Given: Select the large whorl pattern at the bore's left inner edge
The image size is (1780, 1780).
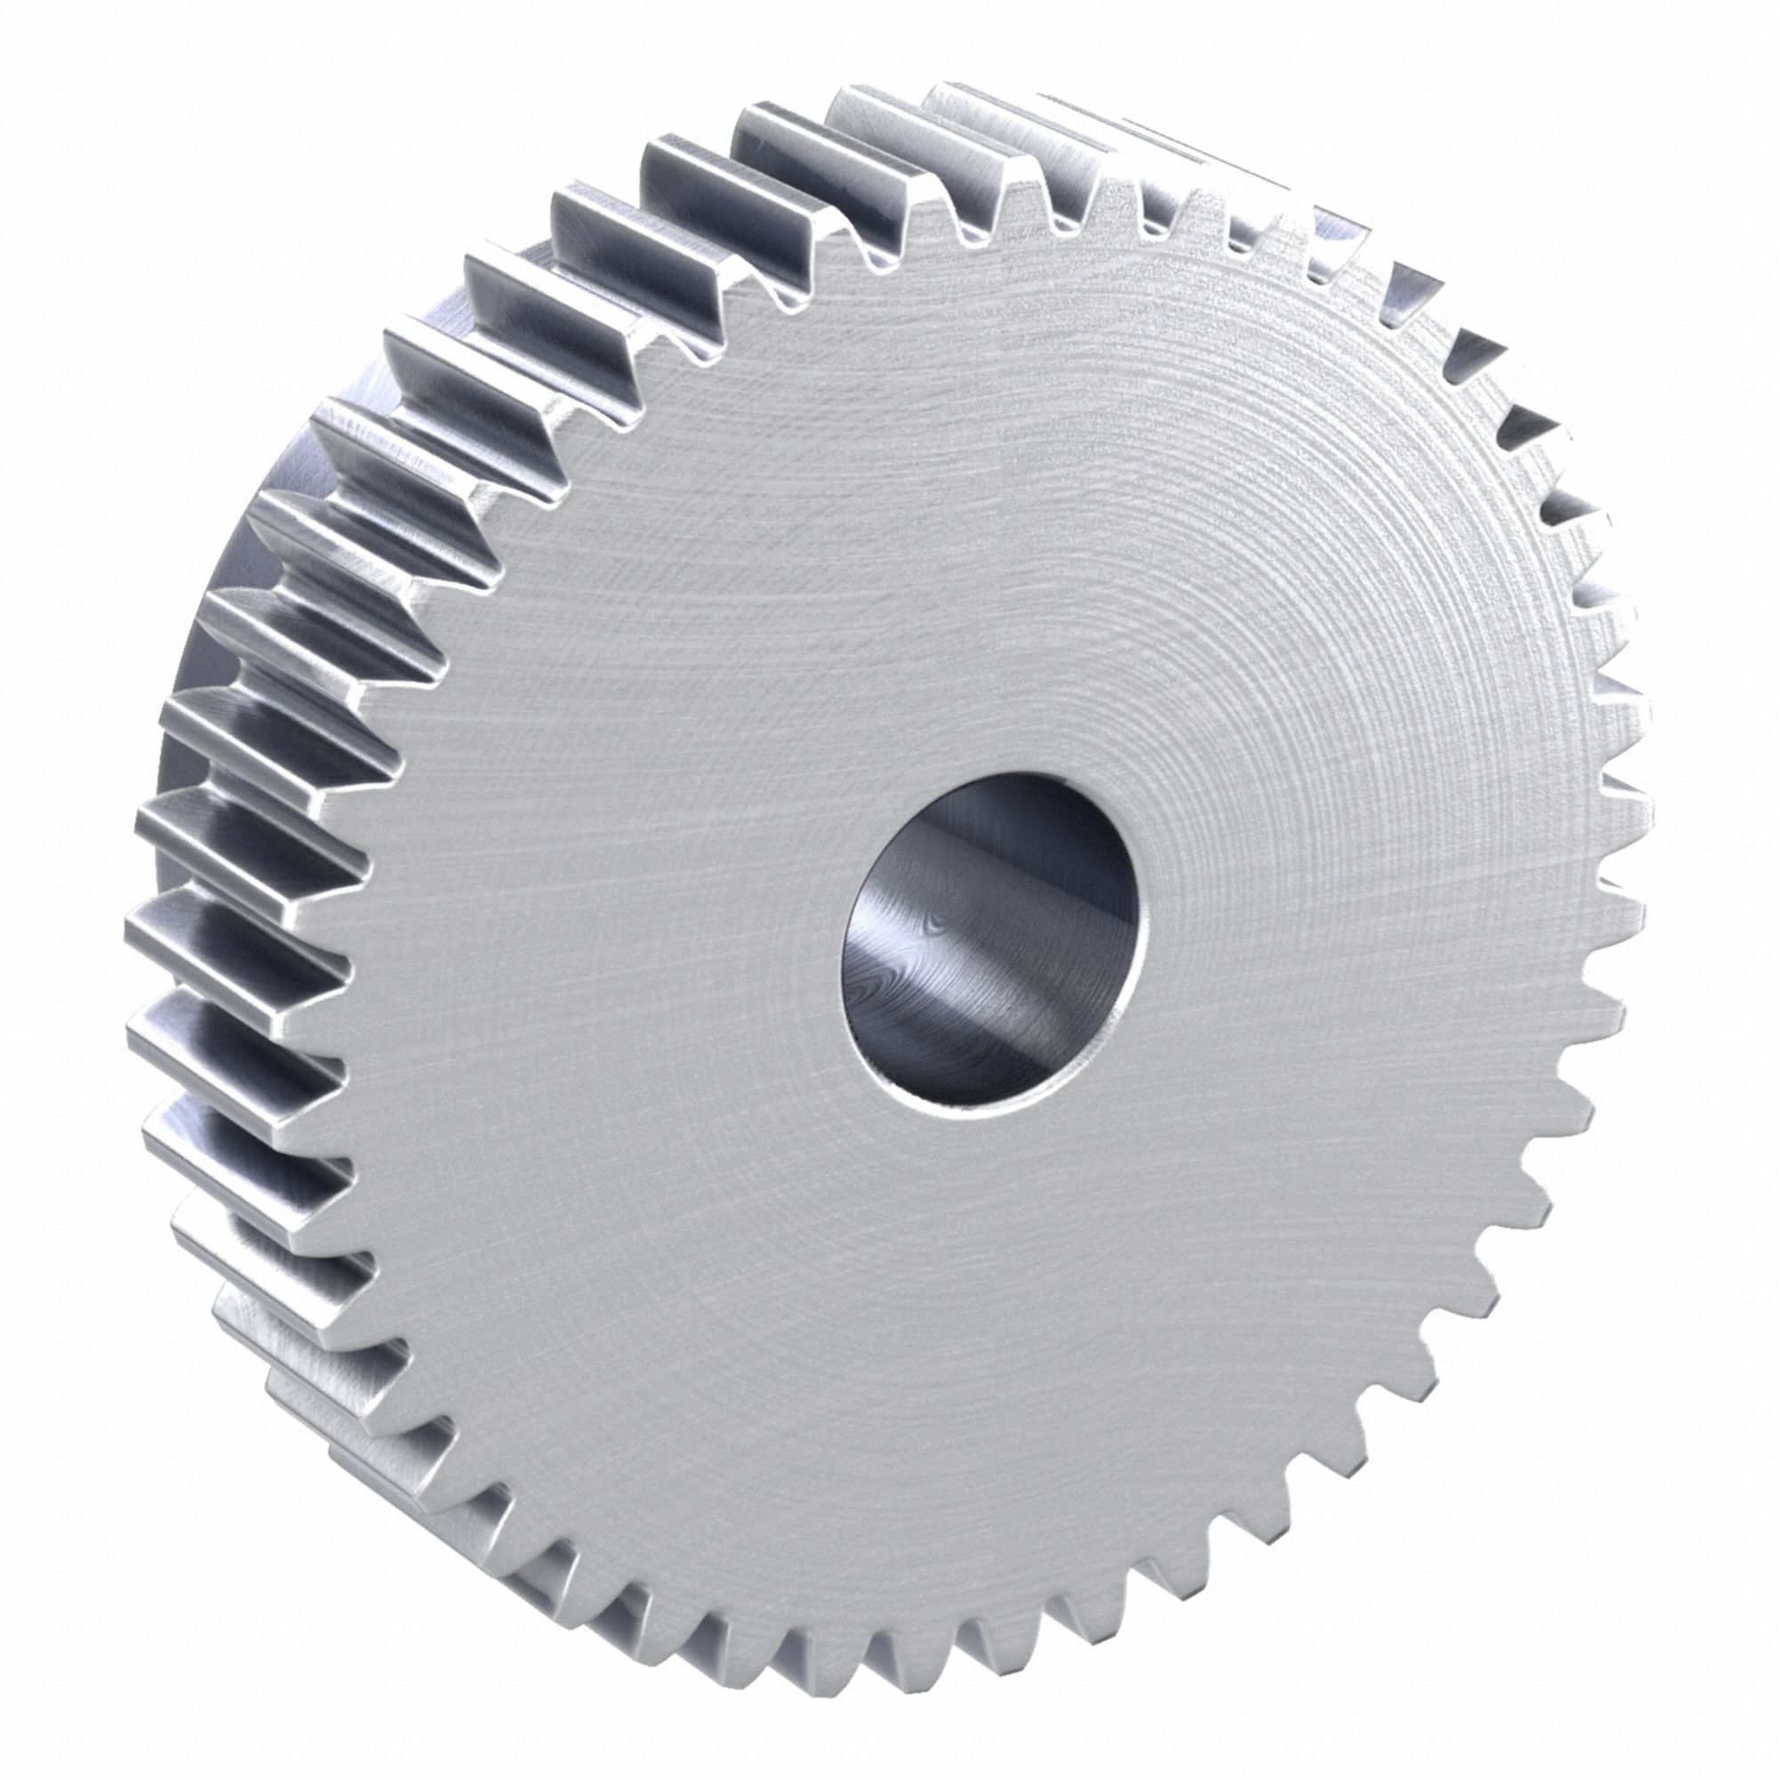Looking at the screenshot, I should pos(870,991).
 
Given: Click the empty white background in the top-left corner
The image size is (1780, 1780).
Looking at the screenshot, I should pos(74,74).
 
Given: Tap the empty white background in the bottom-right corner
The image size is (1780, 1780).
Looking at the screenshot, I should pos(1704,1704).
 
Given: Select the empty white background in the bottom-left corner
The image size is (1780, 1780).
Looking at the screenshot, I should pos(74,1704).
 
